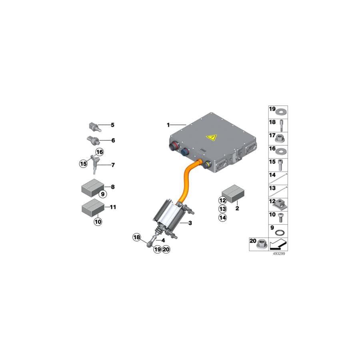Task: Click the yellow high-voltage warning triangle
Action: point(212,137)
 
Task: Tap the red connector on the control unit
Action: point(174,146)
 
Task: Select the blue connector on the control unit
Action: point(185,152)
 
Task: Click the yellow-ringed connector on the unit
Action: point(206,164)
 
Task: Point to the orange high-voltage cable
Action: point(189,180)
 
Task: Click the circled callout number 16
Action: point(100,152)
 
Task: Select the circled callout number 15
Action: point(83,164)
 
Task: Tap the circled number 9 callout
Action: point(103,194)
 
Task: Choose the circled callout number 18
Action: point(137,237)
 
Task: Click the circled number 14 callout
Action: point(222,218)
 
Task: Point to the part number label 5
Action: point(112,125)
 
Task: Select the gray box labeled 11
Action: point(93,208)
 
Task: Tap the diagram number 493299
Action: point(279,254)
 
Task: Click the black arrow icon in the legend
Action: point(278,244)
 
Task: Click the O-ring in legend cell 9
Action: point(280,233)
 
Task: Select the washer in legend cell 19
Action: point(281,112)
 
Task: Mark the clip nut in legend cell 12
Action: point(280,205)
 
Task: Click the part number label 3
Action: point(190,223)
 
